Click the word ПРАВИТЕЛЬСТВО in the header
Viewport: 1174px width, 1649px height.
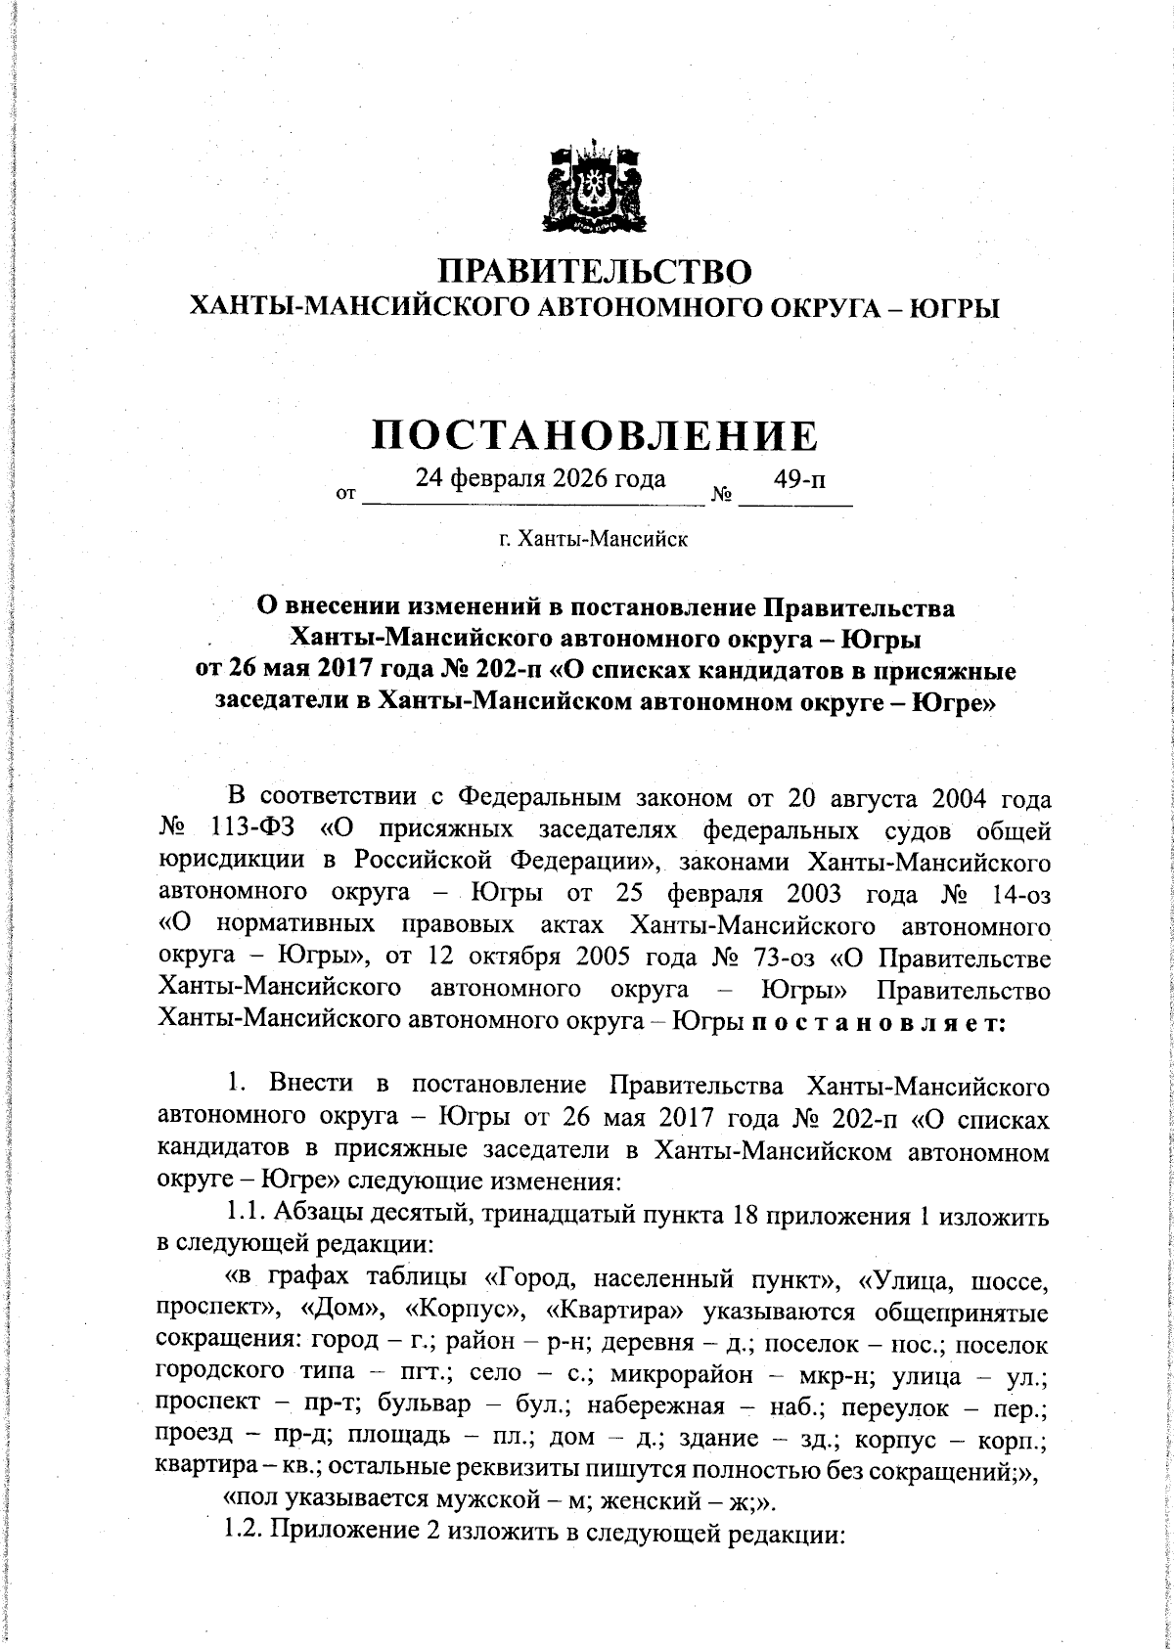594,271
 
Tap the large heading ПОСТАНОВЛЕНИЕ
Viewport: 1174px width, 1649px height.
594,435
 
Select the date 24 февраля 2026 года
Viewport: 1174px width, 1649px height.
541,478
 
